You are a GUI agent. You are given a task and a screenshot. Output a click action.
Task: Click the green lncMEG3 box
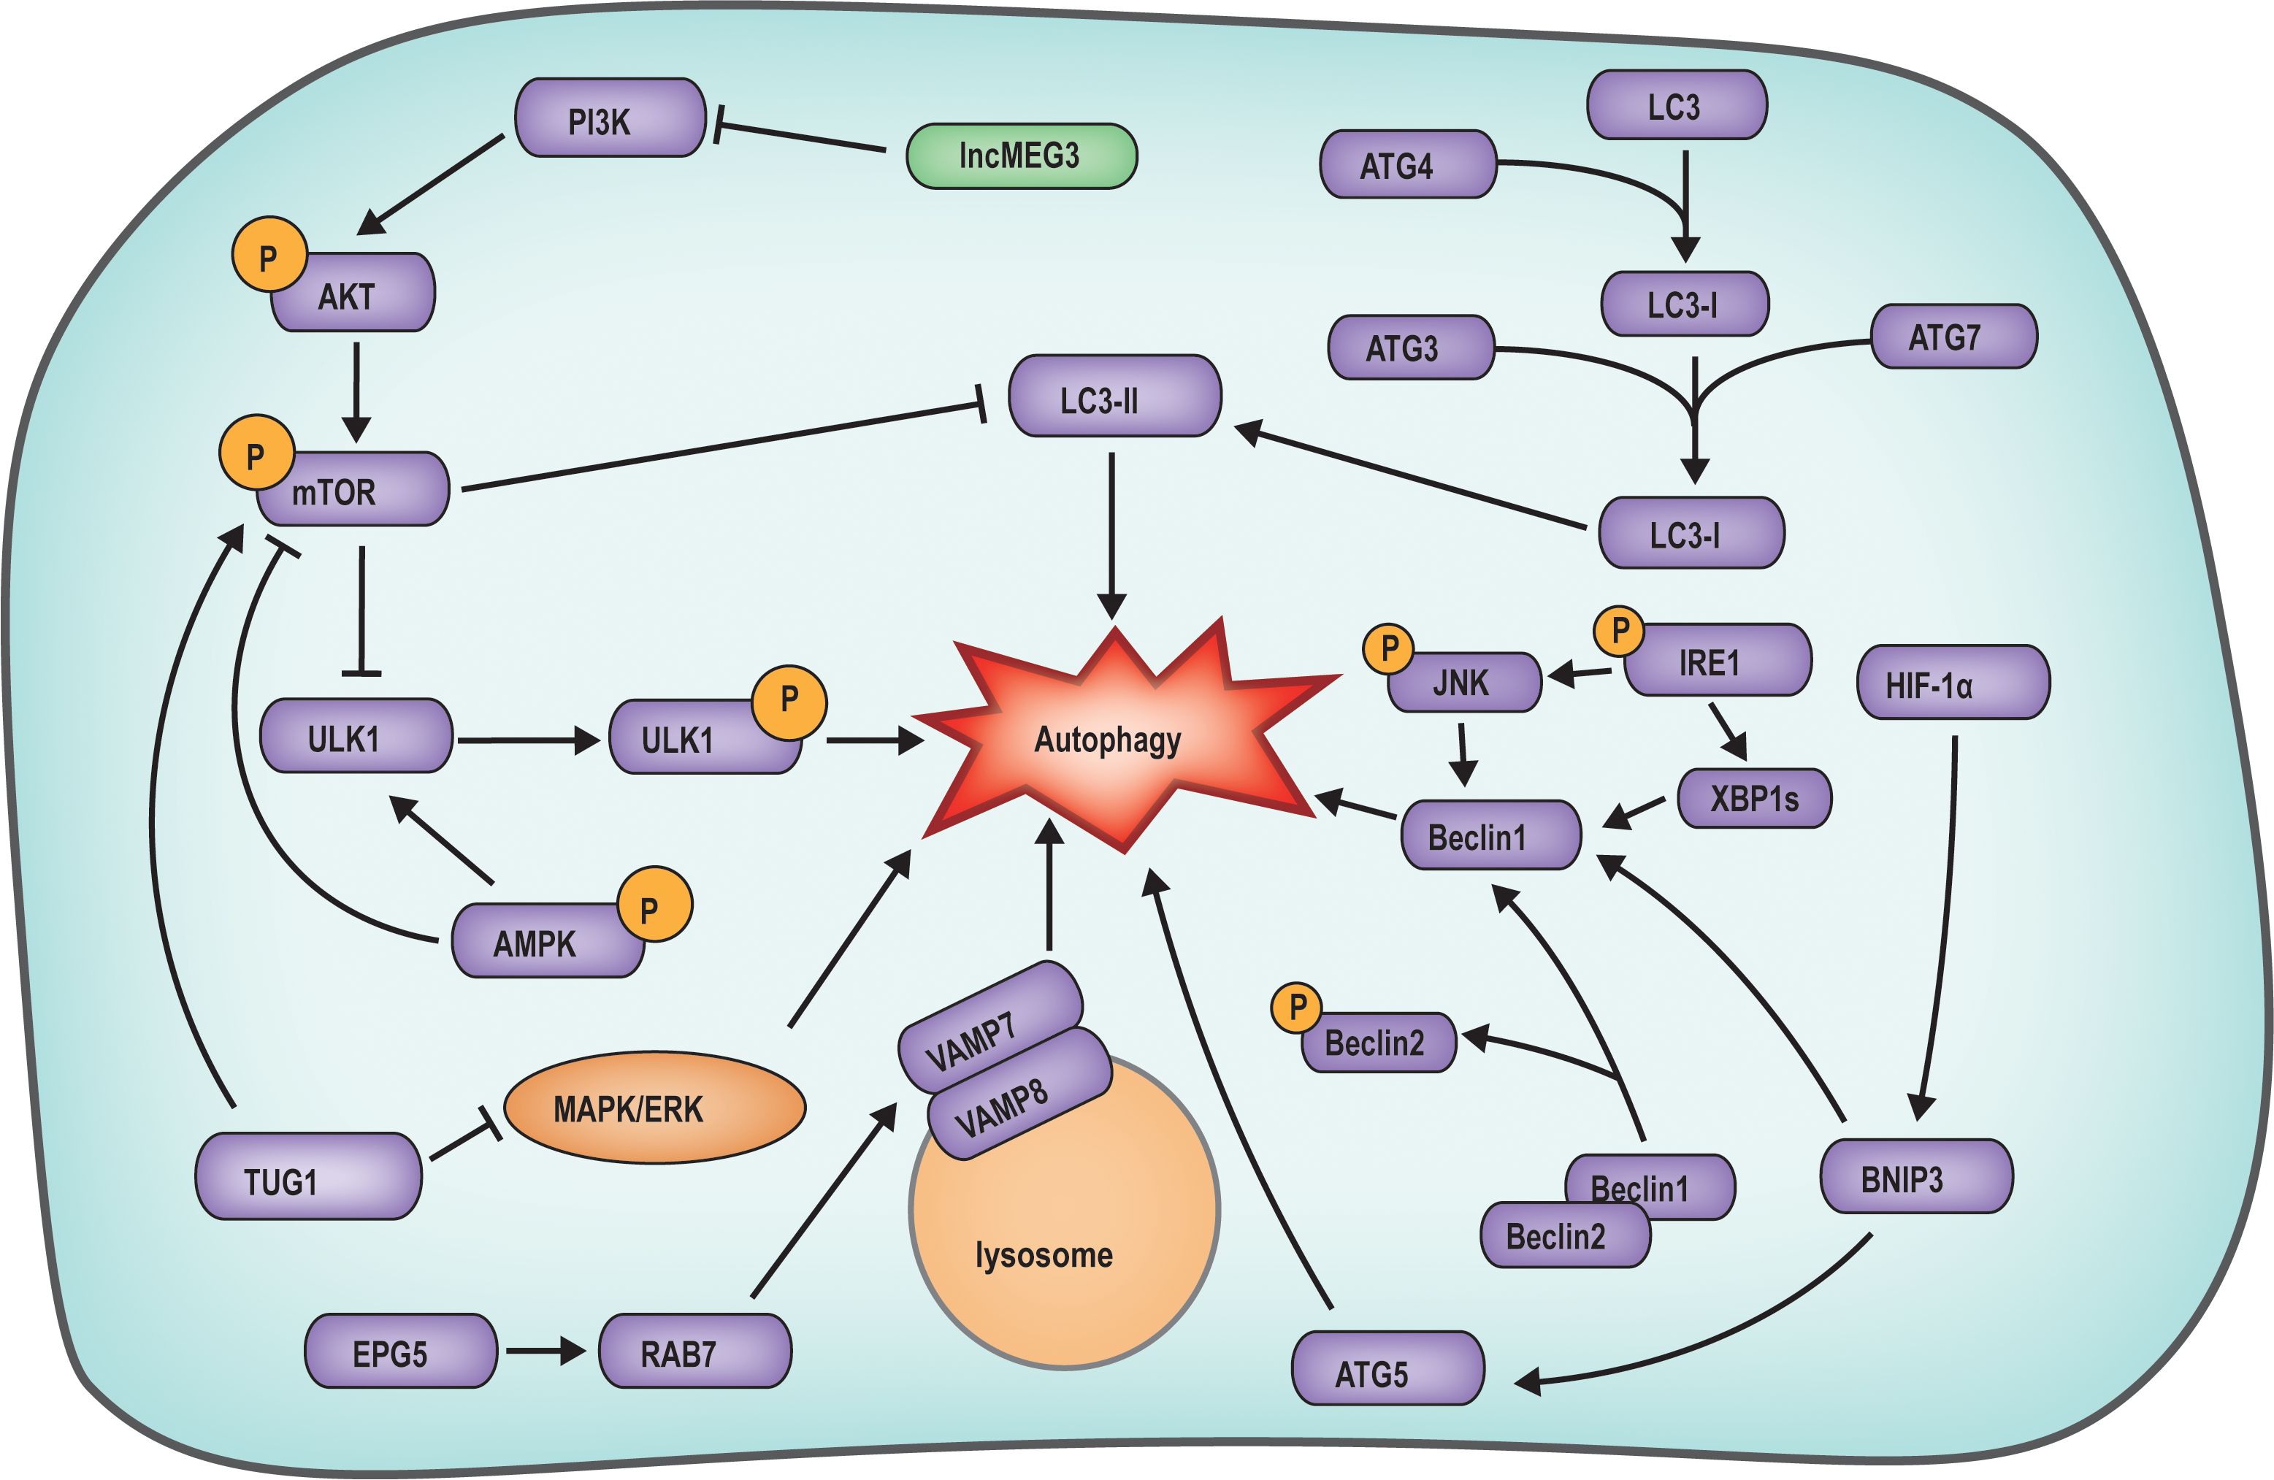tap(1022, 156)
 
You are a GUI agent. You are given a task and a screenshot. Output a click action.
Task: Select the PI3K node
tap(610, 118)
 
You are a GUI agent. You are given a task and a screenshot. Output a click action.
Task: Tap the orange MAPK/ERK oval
tap(654, 1108)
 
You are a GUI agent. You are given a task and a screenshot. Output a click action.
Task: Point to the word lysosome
tap(1044, 1254)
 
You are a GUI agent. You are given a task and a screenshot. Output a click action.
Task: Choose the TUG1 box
tap(307, 1176)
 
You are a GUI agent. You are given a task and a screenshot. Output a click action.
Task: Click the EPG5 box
tap(400, 1351)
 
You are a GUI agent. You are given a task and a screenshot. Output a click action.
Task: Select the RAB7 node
tap(694, 1351)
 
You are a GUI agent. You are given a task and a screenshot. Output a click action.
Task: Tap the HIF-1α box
tap(1953, 682)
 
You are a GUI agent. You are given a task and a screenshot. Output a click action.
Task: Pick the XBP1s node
tap(1754, 798)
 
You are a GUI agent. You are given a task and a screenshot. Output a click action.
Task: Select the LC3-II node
tap(1115, 396)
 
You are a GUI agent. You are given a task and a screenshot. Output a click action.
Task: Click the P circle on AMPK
tap(654, 905)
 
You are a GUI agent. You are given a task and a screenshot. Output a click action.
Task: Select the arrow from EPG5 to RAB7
tap(545, 1351)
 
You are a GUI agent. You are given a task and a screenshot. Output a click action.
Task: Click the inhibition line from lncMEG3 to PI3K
tap(800, 137)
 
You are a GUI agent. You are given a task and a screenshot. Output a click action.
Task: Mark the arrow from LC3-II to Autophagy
tap(1111, 536)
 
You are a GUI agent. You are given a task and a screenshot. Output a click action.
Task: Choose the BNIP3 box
tap(1917, 1176)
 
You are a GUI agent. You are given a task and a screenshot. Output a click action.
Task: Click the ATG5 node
tap(1388, 1368)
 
